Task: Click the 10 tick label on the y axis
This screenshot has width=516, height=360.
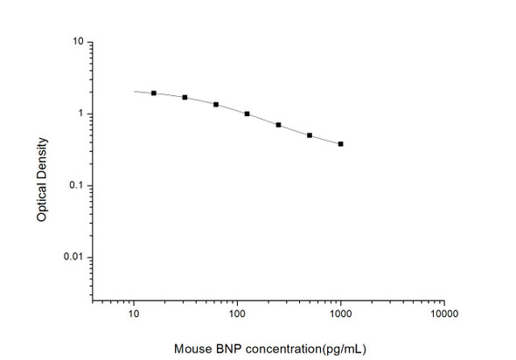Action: (x=78, y=42)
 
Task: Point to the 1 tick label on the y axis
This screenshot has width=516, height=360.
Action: (x=80, y=114)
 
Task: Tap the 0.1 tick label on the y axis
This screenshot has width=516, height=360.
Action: (x=76, y=185)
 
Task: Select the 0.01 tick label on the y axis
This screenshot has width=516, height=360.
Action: (x=73, y=257)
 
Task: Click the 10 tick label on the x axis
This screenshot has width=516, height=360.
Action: (x=134, y=311)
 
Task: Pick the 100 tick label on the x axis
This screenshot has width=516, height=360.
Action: (x=237, y=311)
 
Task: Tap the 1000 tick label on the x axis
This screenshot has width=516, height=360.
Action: (x=340, y=311)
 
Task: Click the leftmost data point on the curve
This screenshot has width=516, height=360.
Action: (x=154, y=93)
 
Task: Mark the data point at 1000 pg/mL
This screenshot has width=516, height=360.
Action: (x=340, y=143)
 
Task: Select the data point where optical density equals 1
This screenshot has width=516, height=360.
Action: (x=248, y=114)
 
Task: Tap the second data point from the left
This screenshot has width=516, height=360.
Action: (x=185, y=97)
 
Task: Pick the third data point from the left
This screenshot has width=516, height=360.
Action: (x=216, y=104)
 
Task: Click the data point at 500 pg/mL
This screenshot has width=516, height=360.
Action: (x=310, y=135)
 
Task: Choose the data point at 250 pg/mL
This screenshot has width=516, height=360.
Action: (x=278, y=125)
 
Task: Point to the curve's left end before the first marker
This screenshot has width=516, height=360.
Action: (x=136, y=91)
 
